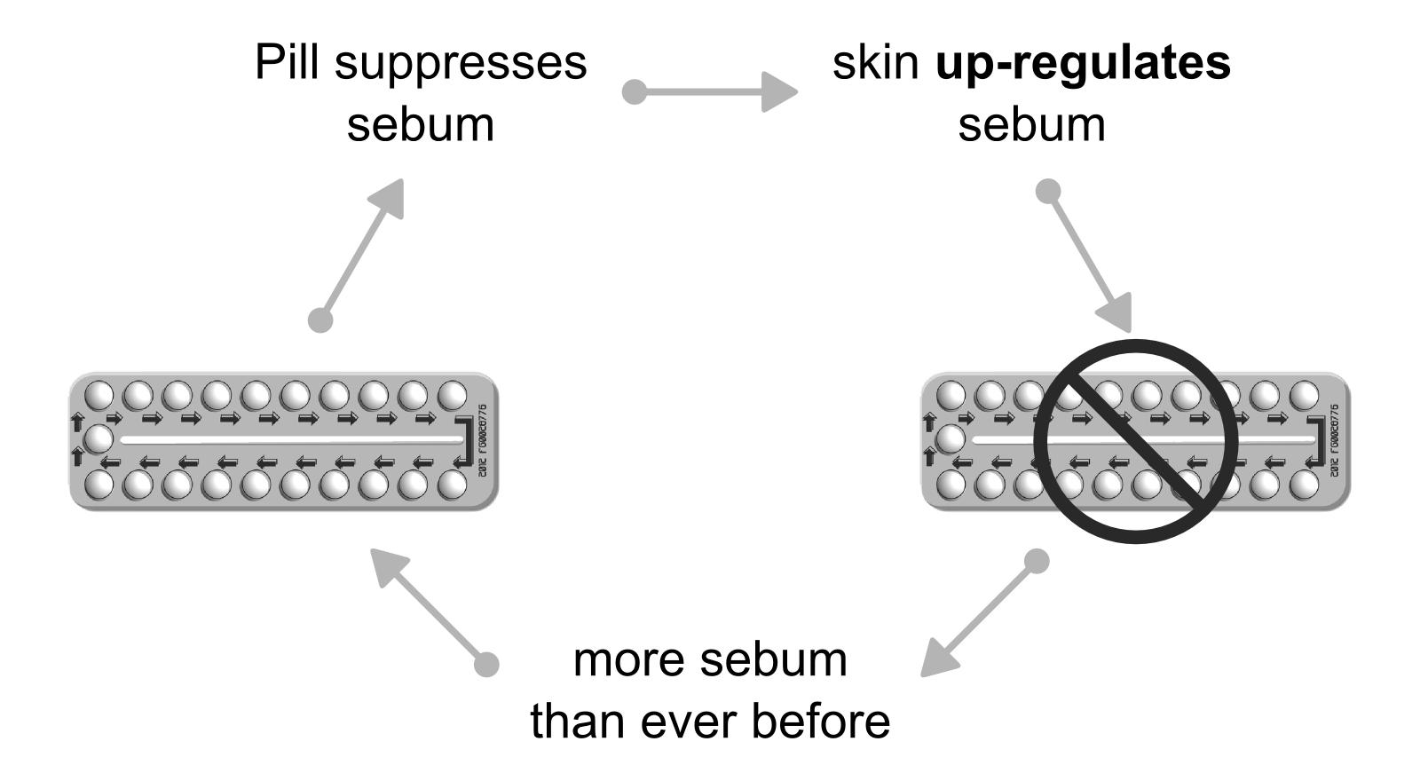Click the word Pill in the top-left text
287,63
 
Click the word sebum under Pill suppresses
420,123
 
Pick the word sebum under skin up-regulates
1031,123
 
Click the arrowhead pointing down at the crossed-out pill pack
1116,312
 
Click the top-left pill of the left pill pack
99,394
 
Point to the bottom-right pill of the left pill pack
452,485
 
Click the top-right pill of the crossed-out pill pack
1304,394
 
